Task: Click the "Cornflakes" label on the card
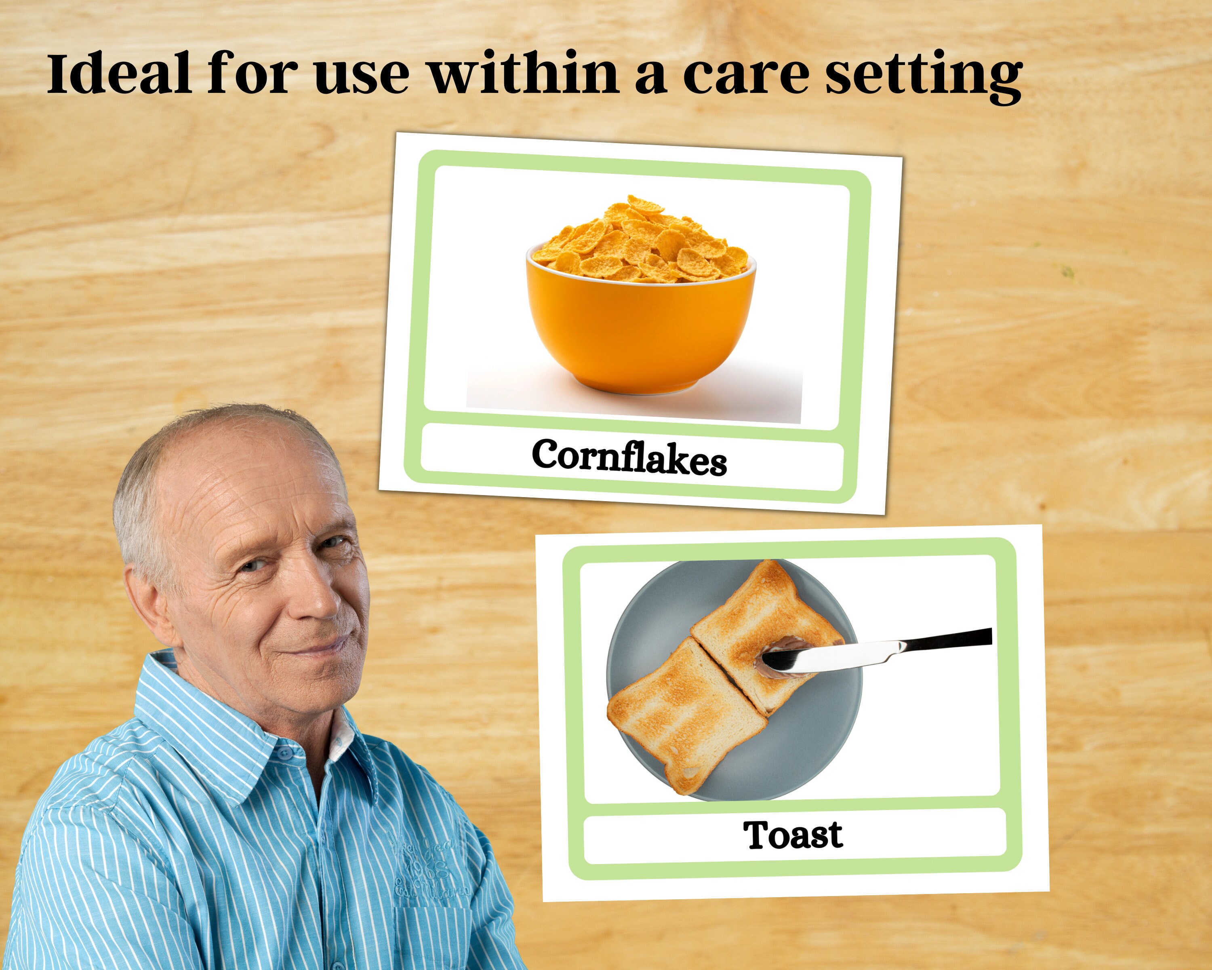pyautogui.click(x=629, y=457)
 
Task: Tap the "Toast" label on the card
pyautogui.click(x=792, y=835)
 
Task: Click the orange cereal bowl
pyautogui.click(x=641, y=332)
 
